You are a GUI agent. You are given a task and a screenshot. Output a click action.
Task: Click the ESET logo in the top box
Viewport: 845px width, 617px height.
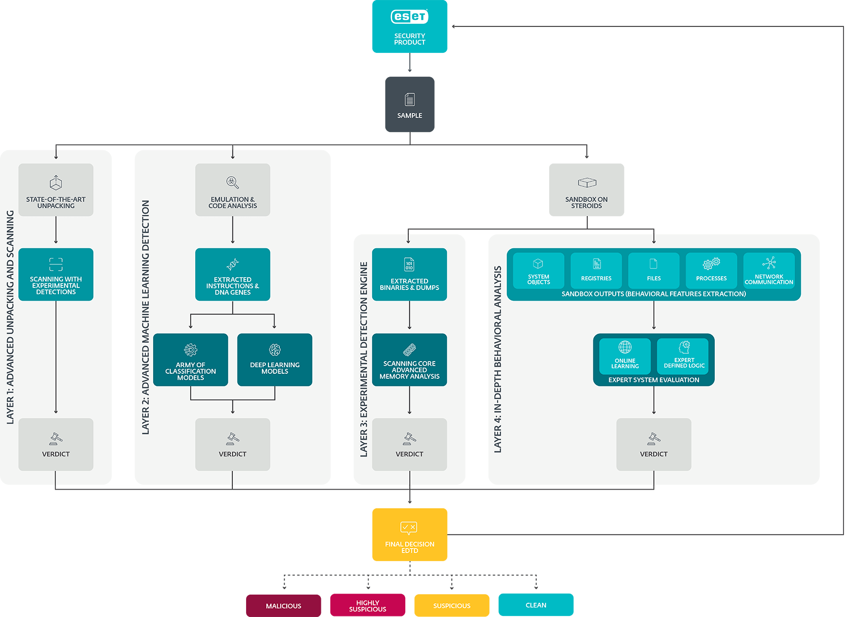coord(409,17)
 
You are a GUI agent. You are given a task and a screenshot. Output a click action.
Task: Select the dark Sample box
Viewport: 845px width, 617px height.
coord(409,104)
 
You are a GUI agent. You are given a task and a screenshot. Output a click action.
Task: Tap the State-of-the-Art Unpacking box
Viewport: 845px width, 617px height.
coord(56,189)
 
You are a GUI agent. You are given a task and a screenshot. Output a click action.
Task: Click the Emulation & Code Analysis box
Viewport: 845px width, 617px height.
coord(232,189)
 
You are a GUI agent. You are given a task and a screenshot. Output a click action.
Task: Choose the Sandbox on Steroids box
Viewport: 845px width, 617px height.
coord(586,189)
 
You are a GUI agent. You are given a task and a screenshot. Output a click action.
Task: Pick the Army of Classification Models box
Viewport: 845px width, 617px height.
coord(190,360)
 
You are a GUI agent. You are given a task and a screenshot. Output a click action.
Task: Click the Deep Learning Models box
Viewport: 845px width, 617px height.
coord(275,360)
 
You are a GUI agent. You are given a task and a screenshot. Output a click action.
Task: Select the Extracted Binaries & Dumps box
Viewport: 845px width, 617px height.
coord(409,274)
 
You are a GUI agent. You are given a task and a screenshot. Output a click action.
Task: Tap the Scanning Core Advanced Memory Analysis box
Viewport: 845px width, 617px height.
coord(409,360)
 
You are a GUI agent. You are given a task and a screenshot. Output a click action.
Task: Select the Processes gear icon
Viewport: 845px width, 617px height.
coord(711,264)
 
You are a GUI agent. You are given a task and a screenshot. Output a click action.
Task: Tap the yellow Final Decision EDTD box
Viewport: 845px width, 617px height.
coord(409,534)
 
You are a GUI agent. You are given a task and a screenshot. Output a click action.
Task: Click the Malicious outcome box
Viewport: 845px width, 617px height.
coord(283,605)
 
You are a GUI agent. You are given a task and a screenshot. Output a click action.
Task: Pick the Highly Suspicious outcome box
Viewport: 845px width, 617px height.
coord(368,605)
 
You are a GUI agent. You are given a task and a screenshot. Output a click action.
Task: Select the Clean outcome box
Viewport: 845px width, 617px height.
coord(536,604)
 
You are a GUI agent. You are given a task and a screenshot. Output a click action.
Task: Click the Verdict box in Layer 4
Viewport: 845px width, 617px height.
coord(653,444)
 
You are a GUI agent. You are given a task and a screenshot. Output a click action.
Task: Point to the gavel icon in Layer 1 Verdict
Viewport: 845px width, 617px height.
coord(56,438)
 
